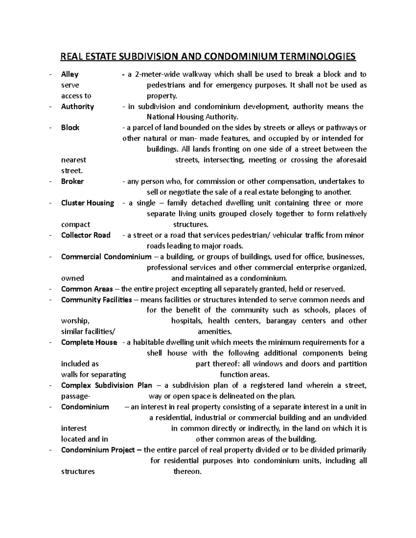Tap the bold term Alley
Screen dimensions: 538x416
click(x=70, y=74)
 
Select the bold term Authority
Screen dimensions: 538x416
click(x=77, y=106)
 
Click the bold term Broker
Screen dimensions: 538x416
click(x=72, y=181)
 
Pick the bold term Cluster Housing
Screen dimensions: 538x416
click(x=87, y=203)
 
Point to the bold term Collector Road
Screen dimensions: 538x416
click(x=86, y=235)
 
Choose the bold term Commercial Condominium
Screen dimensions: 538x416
click(x=106, y=257)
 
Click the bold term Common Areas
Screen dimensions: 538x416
click(x=87, y=289)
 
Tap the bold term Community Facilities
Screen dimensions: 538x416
click(x=96, y=300)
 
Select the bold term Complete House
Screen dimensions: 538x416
click(x=89, y=342)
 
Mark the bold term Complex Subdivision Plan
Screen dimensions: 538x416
click(x=106, y=385)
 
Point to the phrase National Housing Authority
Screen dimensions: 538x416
click(x=193, y=117)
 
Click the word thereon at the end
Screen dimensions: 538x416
click(x=187, y=471)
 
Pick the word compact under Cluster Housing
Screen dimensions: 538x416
click(x=75, y=224)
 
